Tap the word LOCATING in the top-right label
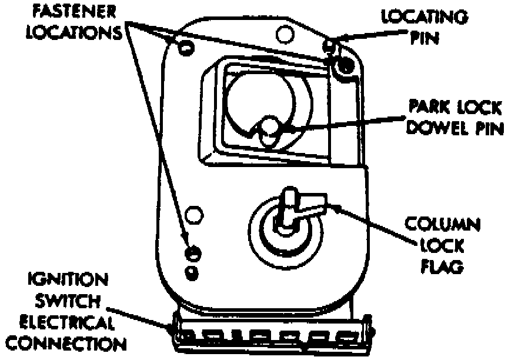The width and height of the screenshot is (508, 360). point(425,16)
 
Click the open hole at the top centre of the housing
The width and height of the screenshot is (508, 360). point(285,35)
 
